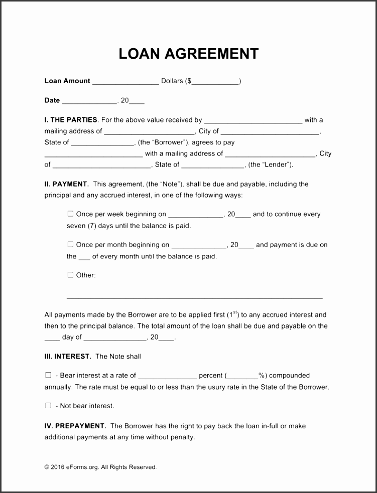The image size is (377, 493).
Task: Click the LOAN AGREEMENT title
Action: point(188,54)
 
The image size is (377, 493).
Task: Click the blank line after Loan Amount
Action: point(125,82)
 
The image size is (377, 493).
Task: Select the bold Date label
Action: point(52,100)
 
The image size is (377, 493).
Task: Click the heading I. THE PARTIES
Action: point(71,120)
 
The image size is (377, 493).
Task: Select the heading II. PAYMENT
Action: point(66,184)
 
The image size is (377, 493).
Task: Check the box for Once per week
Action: point(70,214)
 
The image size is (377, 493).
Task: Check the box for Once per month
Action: point(70,245)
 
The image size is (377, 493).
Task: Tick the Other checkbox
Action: point(70,275)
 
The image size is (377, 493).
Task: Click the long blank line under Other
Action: point(194,297)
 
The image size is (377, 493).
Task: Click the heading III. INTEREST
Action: point(68,357)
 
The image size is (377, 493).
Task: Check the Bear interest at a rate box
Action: point(48,375)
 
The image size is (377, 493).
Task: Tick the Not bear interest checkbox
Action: point(48,405)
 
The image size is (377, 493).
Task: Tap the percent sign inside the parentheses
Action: point(261,375)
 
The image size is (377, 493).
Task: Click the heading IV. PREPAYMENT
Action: point(75,426)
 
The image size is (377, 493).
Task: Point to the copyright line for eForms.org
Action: point(100,467)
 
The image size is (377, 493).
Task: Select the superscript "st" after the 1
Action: point(235,312)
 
